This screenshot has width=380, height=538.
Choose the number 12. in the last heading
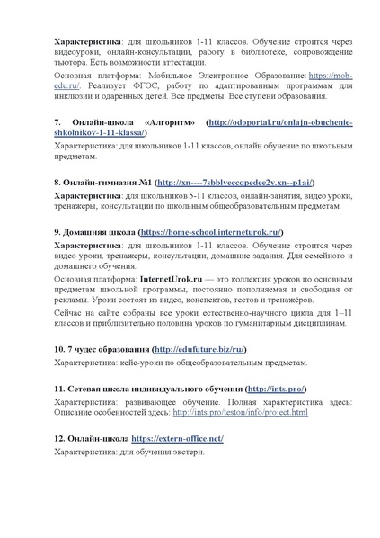[60, 438]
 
